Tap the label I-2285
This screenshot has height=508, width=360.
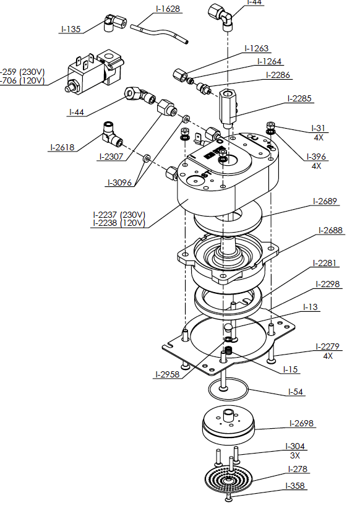(x=300, y=98)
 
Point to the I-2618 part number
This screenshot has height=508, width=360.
(x=62, y=147)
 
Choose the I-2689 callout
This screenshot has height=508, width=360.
(x=325, y=201)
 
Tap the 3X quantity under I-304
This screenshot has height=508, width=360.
(x=295, y=455)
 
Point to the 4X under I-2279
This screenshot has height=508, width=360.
(x=328, y=356)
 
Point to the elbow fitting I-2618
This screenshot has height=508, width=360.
(x=113, y=132)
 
